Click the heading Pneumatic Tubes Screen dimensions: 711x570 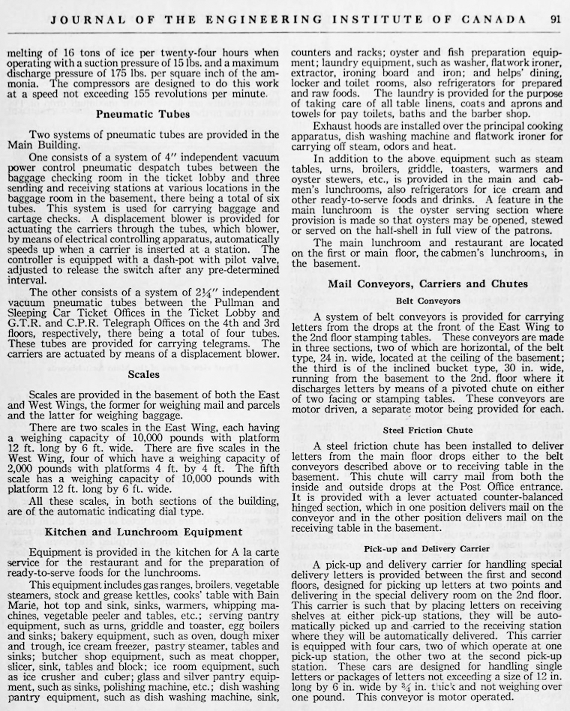[x=142, y=115]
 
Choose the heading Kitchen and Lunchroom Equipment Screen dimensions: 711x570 [x=142, y=532]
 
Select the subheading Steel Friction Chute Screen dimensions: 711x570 [x=428, y=430]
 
